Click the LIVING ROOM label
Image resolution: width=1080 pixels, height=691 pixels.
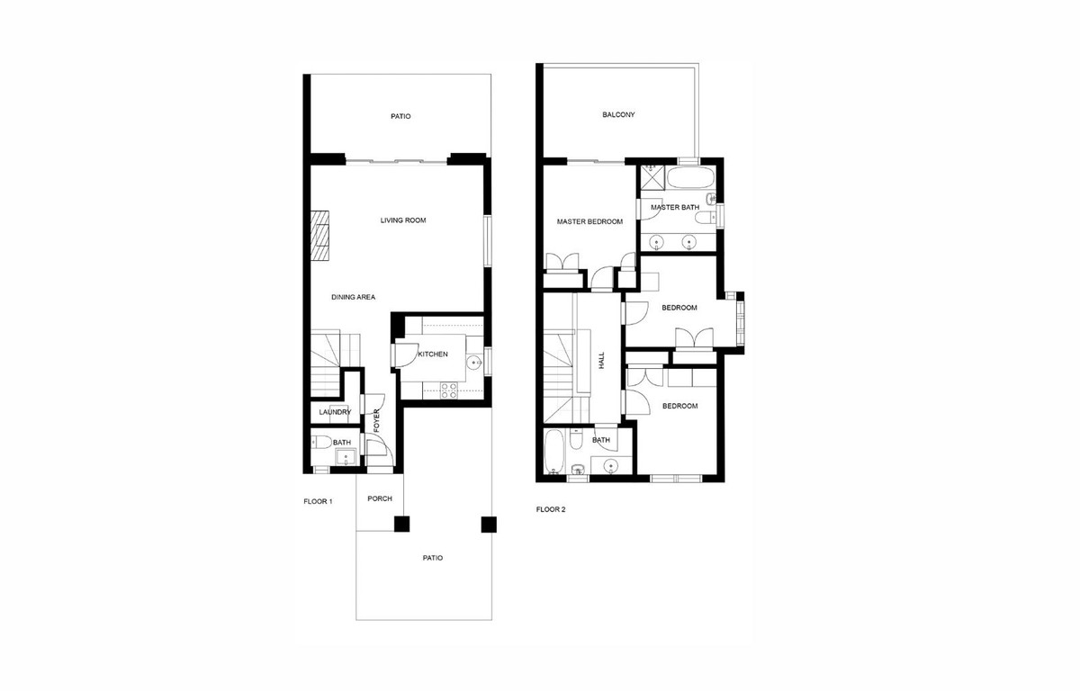[x=402, y=220]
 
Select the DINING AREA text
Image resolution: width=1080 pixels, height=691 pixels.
[x=353, y=297]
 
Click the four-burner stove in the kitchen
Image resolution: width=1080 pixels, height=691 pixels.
[x=447, y=389]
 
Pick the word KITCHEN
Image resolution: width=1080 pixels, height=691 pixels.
[x=432, y=354]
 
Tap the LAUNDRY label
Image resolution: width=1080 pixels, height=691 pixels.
[x=335, y=413]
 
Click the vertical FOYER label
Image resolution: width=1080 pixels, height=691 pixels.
[x=377, y=422]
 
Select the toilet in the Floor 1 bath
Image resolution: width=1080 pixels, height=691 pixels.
[x=319, y=442]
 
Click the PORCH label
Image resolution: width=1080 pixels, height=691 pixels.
[x=380, y=499]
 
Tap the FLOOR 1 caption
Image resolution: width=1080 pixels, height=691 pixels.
[x=318, y=501]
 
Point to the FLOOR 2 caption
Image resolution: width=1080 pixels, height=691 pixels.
[x=551, y=509]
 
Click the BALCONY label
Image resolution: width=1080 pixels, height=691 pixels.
[x=619, y=115]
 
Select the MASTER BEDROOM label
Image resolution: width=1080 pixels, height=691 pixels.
[x=589, y=221]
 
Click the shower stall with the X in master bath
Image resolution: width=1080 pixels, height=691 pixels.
[x=652, y=177]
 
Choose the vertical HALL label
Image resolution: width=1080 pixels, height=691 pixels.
[x=601, y=360]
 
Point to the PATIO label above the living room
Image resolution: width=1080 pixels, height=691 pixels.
[x=400, y=116]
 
